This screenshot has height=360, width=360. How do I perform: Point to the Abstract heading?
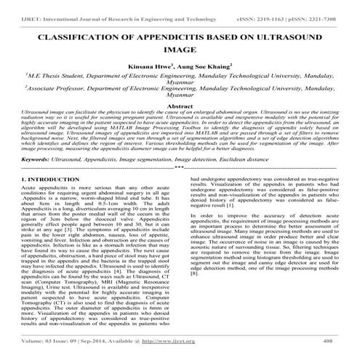[x=180, y=106]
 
